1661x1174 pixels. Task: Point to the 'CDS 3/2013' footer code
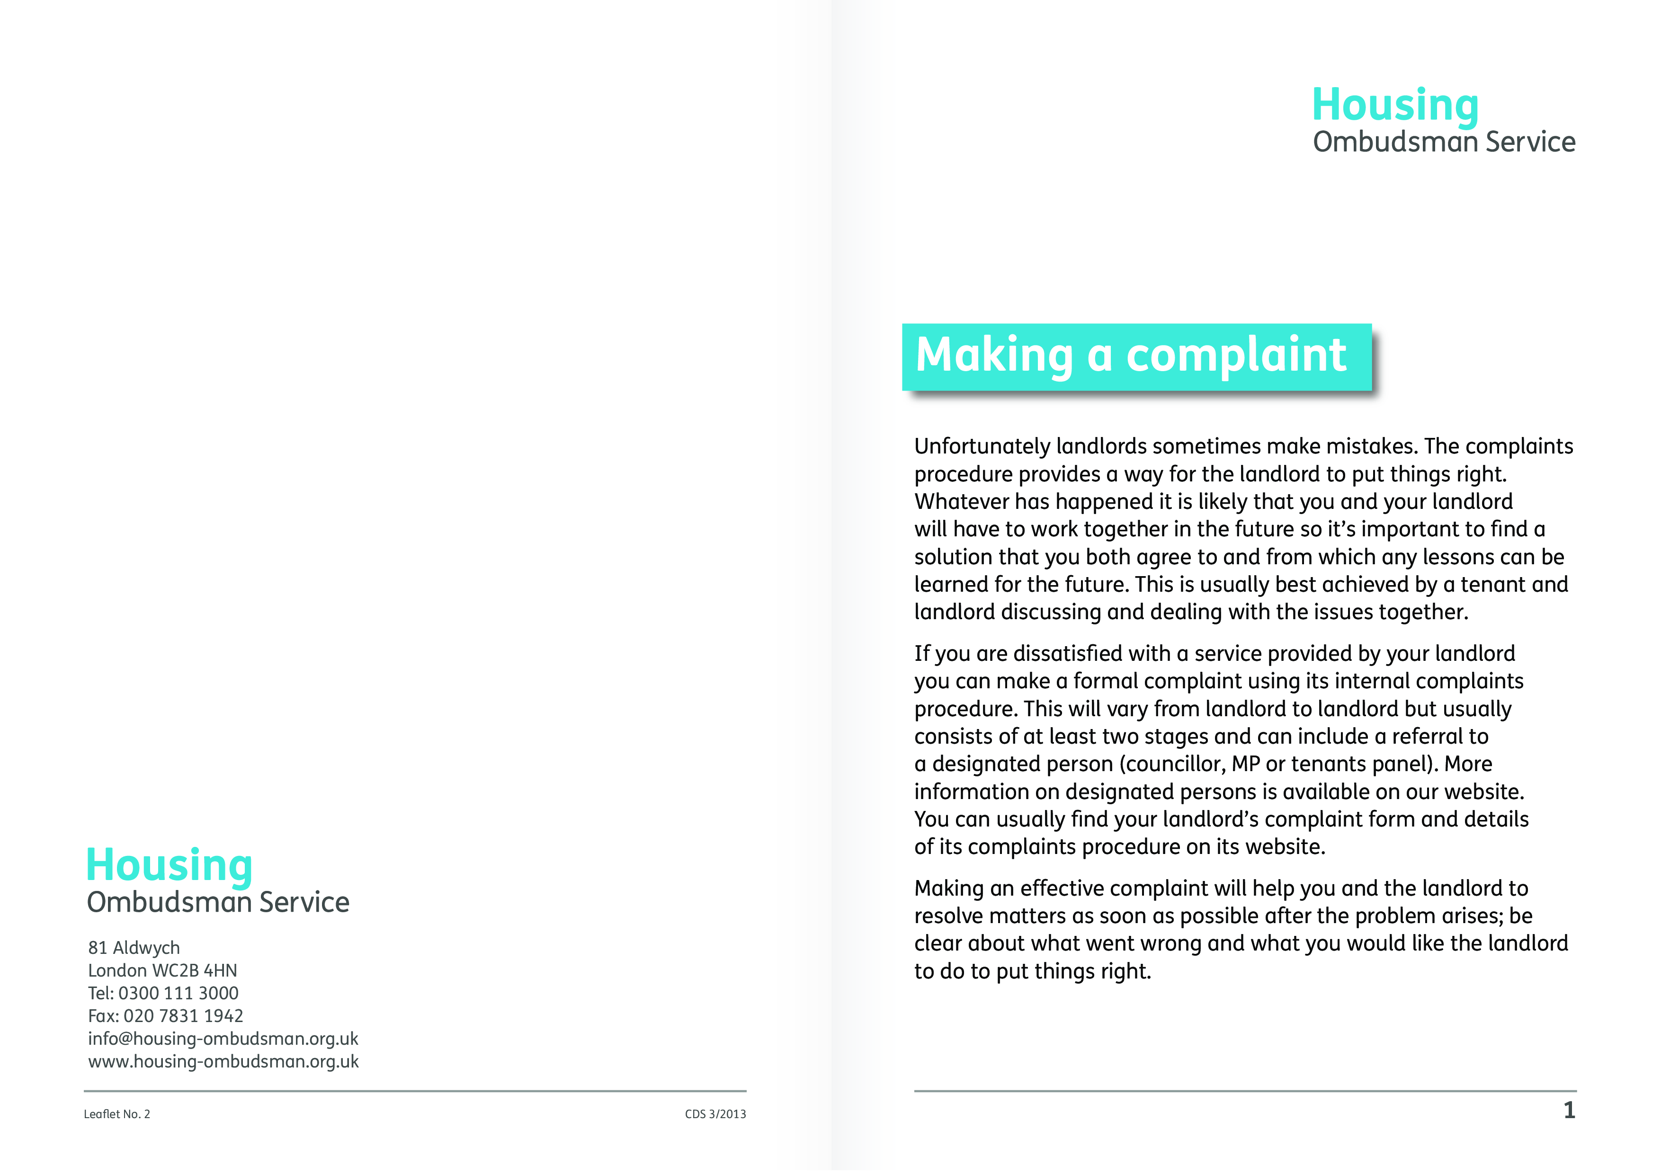715,1114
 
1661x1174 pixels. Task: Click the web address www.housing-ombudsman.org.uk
223,1062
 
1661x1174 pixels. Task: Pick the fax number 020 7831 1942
183,1016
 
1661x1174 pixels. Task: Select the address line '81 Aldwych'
134,948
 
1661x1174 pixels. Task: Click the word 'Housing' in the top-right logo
1395,106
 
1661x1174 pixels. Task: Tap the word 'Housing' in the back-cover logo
170,865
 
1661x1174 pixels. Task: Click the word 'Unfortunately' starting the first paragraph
982,446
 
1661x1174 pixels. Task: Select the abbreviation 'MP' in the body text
1246,764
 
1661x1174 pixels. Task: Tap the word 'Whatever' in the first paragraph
962,502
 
